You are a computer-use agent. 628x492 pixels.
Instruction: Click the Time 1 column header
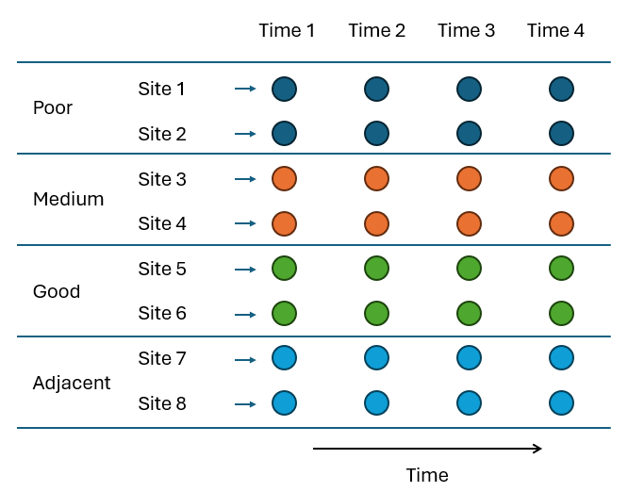pyautogui.click(x=287, y=31)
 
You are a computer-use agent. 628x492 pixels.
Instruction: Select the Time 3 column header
pyautogui.click(x=466, y=31)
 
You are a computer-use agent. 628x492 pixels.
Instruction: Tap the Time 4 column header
pyautogui.click(x=555, y=31)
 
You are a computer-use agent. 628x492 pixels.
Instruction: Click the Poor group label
pyautogui.click(x=53, y=107)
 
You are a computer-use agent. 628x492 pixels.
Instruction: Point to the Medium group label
pyautogui.click(x=68, y=199)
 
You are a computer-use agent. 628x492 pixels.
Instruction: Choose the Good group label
pyautogui.click(x=57, y=291)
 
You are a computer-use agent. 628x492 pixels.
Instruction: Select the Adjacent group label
pyautogui.click(x=72, y=383)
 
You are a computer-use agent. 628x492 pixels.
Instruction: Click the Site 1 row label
pyautogui.click(x=162, y=89)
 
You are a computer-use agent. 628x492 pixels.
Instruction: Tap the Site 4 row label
pyautogui.click(x=162, y=223)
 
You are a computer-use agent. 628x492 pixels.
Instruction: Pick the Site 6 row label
pyautogui.click(x=162, y=314)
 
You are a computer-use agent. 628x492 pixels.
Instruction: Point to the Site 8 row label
pyautogui.click(x=162, y=404)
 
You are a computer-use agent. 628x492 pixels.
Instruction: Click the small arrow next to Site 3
pyautogui.click(x=245, y=179)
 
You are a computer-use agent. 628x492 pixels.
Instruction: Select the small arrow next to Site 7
pyautogui.click(x=245, y=359)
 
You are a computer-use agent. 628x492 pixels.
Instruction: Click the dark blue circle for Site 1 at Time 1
pyautogui.click(x=285, y=89)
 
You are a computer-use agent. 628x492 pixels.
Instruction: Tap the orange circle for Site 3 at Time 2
pyautogui.click(x=376, y=178)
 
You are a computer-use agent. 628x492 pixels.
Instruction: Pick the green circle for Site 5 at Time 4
pyautogui.click(x=561, y=269)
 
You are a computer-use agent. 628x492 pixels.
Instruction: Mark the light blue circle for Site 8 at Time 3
pyautogui.click(x=469, y=403)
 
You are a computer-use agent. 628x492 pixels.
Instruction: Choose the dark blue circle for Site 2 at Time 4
pyautogui.click(x=561, y=133)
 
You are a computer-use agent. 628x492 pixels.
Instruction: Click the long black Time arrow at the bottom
pyautogui.click(x=428, y=449)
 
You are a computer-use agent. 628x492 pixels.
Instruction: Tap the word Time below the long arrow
pyautogui.click(x=427, y=474)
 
